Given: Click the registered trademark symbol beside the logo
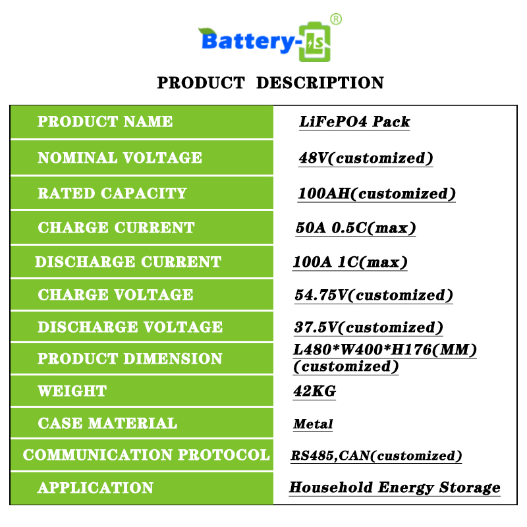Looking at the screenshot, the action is point(336,19).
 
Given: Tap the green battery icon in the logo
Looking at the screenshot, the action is point(315,42).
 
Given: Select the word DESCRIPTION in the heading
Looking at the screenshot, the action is point(320,83).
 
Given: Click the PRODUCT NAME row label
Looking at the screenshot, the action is point(105,122).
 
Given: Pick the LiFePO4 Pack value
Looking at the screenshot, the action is point(354,122).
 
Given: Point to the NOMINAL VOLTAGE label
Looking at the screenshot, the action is point(120,157).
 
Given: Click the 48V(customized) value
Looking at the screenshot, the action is point(366,158).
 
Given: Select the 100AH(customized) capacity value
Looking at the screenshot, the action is point(377,194).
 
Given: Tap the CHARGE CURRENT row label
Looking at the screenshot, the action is point(116,227).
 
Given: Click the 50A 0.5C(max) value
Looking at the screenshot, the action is point(356,228).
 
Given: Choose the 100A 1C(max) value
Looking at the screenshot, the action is point(350,262).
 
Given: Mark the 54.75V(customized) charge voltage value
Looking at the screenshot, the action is point(374,295).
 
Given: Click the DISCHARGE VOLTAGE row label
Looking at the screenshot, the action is point(130,327).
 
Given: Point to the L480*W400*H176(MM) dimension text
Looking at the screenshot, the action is point(385,350).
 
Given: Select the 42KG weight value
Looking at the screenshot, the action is point(315,391).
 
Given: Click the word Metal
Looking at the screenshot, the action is point(313,424).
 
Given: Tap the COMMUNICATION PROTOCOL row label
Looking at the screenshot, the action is point(146,455).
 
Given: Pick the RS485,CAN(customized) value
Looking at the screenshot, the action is point(376,456).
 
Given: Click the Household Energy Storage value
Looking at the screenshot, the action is point(395,487).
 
